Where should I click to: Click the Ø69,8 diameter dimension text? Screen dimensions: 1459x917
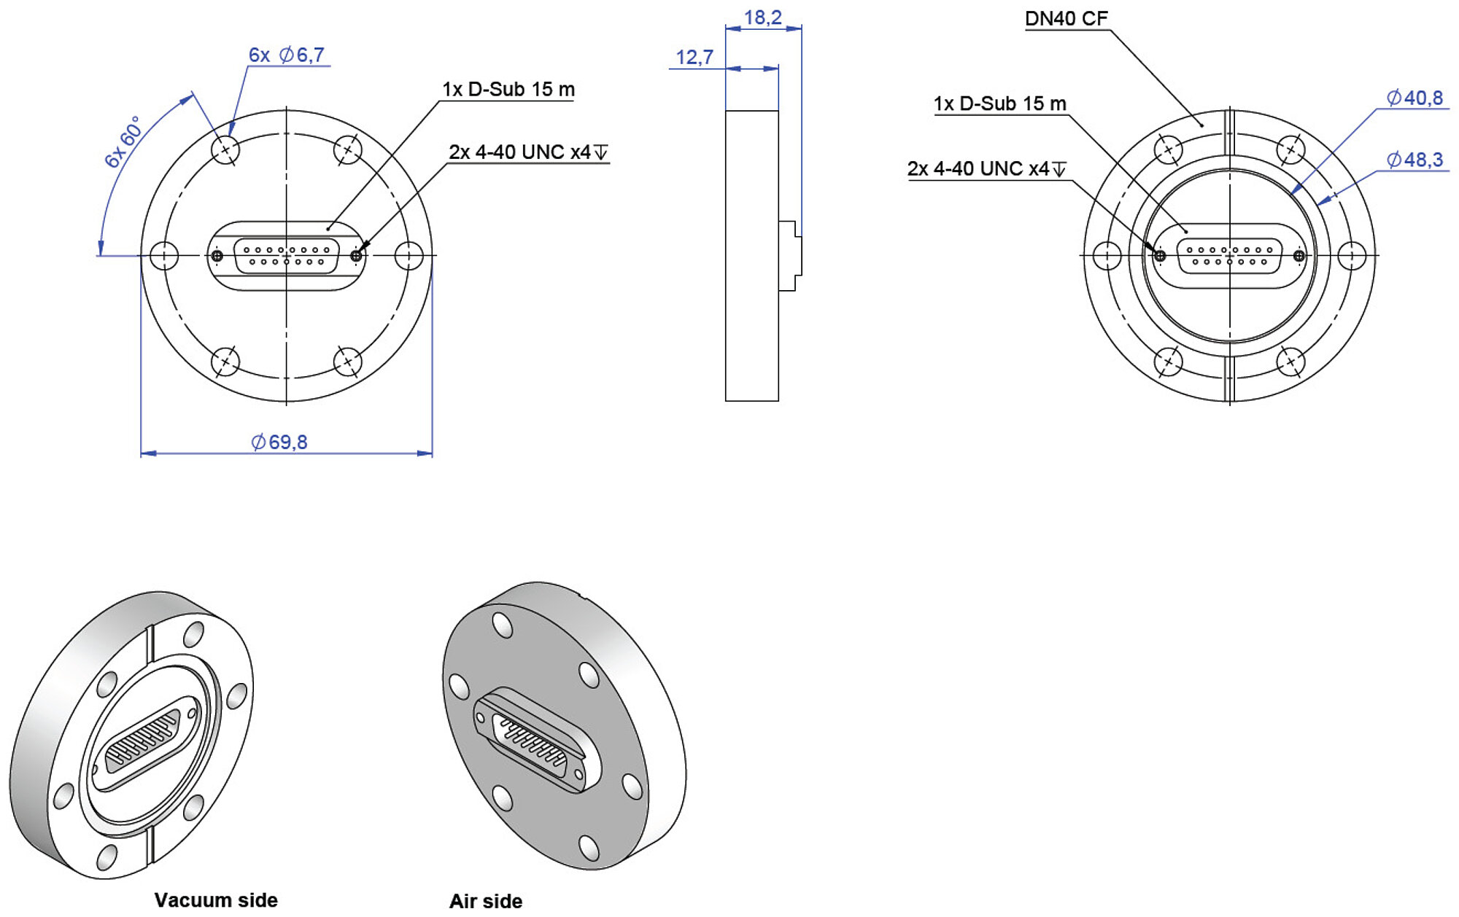coord(279,442)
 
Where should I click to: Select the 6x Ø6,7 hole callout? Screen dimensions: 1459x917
coord(287,55)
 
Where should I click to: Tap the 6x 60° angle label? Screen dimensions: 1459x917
coord(122,141)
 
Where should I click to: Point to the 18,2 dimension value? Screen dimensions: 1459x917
coord(762,17)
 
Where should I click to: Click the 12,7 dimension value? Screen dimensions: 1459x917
coord(694,57)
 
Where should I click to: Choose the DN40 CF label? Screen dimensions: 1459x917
coord(1067,18)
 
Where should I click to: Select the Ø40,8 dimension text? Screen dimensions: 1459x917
coord(1415,98)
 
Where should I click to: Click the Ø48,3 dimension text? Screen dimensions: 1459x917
coord(1415,159)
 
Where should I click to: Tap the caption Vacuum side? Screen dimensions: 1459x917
coord(216,900)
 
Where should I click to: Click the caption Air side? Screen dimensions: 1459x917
coord(486,901)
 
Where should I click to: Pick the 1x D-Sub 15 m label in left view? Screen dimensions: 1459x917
coord(508,89)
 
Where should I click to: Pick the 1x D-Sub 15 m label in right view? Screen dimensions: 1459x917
coord(1000,104)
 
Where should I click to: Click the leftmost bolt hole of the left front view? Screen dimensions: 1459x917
coord(164,256)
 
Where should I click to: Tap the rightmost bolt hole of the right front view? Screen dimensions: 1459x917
coord(1352,256)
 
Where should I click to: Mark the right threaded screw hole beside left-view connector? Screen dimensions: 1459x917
coord(356,256)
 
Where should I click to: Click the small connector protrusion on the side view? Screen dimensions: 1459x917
coord(790,256)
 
